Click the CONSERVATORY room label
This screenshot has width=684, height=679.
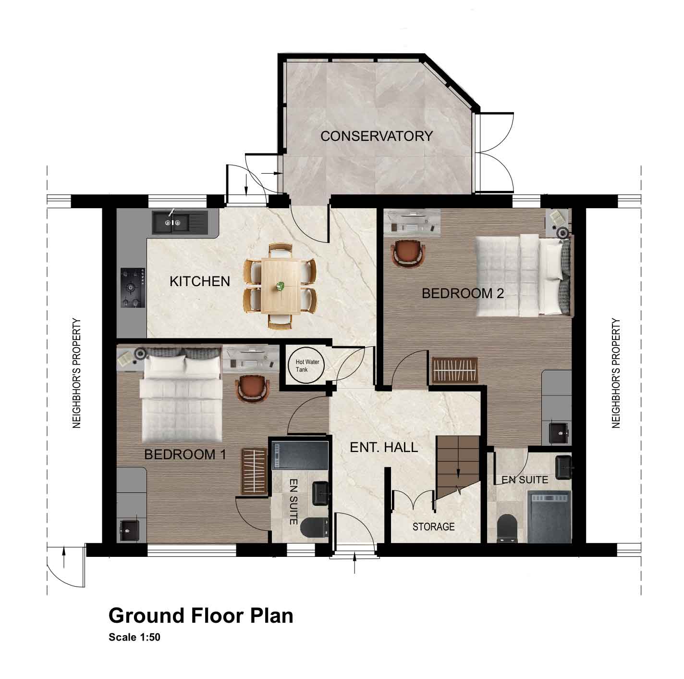376,136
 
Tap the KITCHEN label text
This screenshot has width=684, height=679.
200,281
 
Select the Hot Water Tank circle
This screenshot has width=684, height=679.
307,365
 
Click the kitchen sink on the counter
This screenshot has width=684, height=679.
180,223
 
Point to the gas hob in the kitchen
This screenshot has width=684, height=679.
133,288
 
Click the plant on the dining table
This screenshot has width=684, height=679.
281,286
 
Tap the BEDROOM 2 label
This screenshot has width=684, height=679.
463,293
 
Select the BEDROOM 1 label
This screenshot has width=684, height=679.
185,454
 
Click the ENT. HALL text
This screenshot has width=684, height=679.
384,447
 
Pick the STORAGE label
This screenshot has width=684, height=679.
433,527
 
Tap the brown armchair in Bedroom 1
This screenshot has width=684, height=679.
252,389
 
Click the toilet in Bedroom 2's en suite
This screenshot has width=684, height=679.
507,528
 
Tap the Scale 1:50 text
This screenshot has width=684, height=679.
134,638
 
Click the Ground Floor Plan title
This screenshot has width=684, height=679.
201,616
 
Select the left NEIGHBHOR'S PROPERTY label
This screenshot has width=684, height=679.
77,373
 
